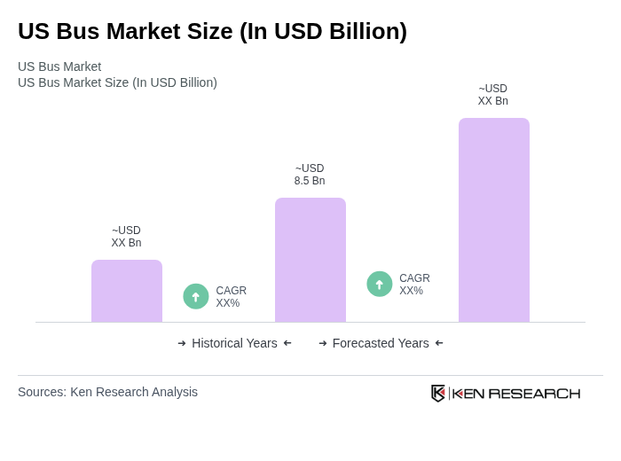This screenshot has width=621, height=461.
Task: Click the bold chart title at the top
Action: pyautogui.click(x=212, y=31)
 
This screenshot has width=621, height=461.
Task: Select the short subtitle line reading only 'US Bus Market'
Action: pyautogui.click(x=59, y=66)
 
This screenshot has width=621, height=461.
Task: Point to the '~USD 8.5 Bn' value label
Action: pyautogui.click(x=310, y=175)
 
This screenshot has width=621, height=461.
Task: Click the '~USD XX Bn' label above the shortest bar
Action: pyautogui.click(x=126, y=237)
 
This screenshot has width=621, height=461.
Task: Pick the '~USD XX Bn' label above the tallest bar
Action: pyautogui.click(x=493, y=95)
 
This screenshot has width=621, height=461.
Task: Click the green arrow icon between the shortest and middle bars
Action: pyautogui.click(x=196, y=296)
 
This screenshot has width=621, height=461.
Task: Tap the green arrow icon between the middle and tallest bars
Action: pyautogui.click(x=380, y=284)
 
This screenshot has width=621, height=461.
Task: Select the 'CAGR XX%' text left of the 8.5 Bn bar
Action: pyautogui.click(x=231, y=297)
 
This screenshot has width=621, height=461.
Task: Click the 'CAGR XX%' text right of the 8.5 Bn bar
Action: pyautogui.click(x=414, y=285)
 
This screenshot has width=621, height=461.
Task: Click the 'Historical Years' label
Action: pyautogui.click(x=234, y=343)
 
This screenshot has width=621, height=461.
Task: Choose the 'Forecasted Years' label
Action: pyautogui.click(x=381, y=343)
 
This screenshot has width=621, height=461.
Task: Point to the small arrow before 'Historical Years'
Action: pyautogui.click(x=182, y=343)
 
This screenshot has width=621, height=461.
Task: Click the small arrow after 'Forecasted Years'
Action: pyautogui.click(x=439, y=343)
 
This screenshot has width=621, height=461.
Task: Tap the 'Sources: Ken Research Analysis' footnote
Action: pyautogui.click(x=107, y=392)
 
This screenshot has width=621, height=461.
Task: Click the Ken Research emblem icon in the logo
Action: pyautogui.click(x=438, y=393)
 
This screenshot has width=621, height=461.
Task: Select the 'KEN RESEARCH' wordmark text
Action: pyautogui.click(x=516, y=394)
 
